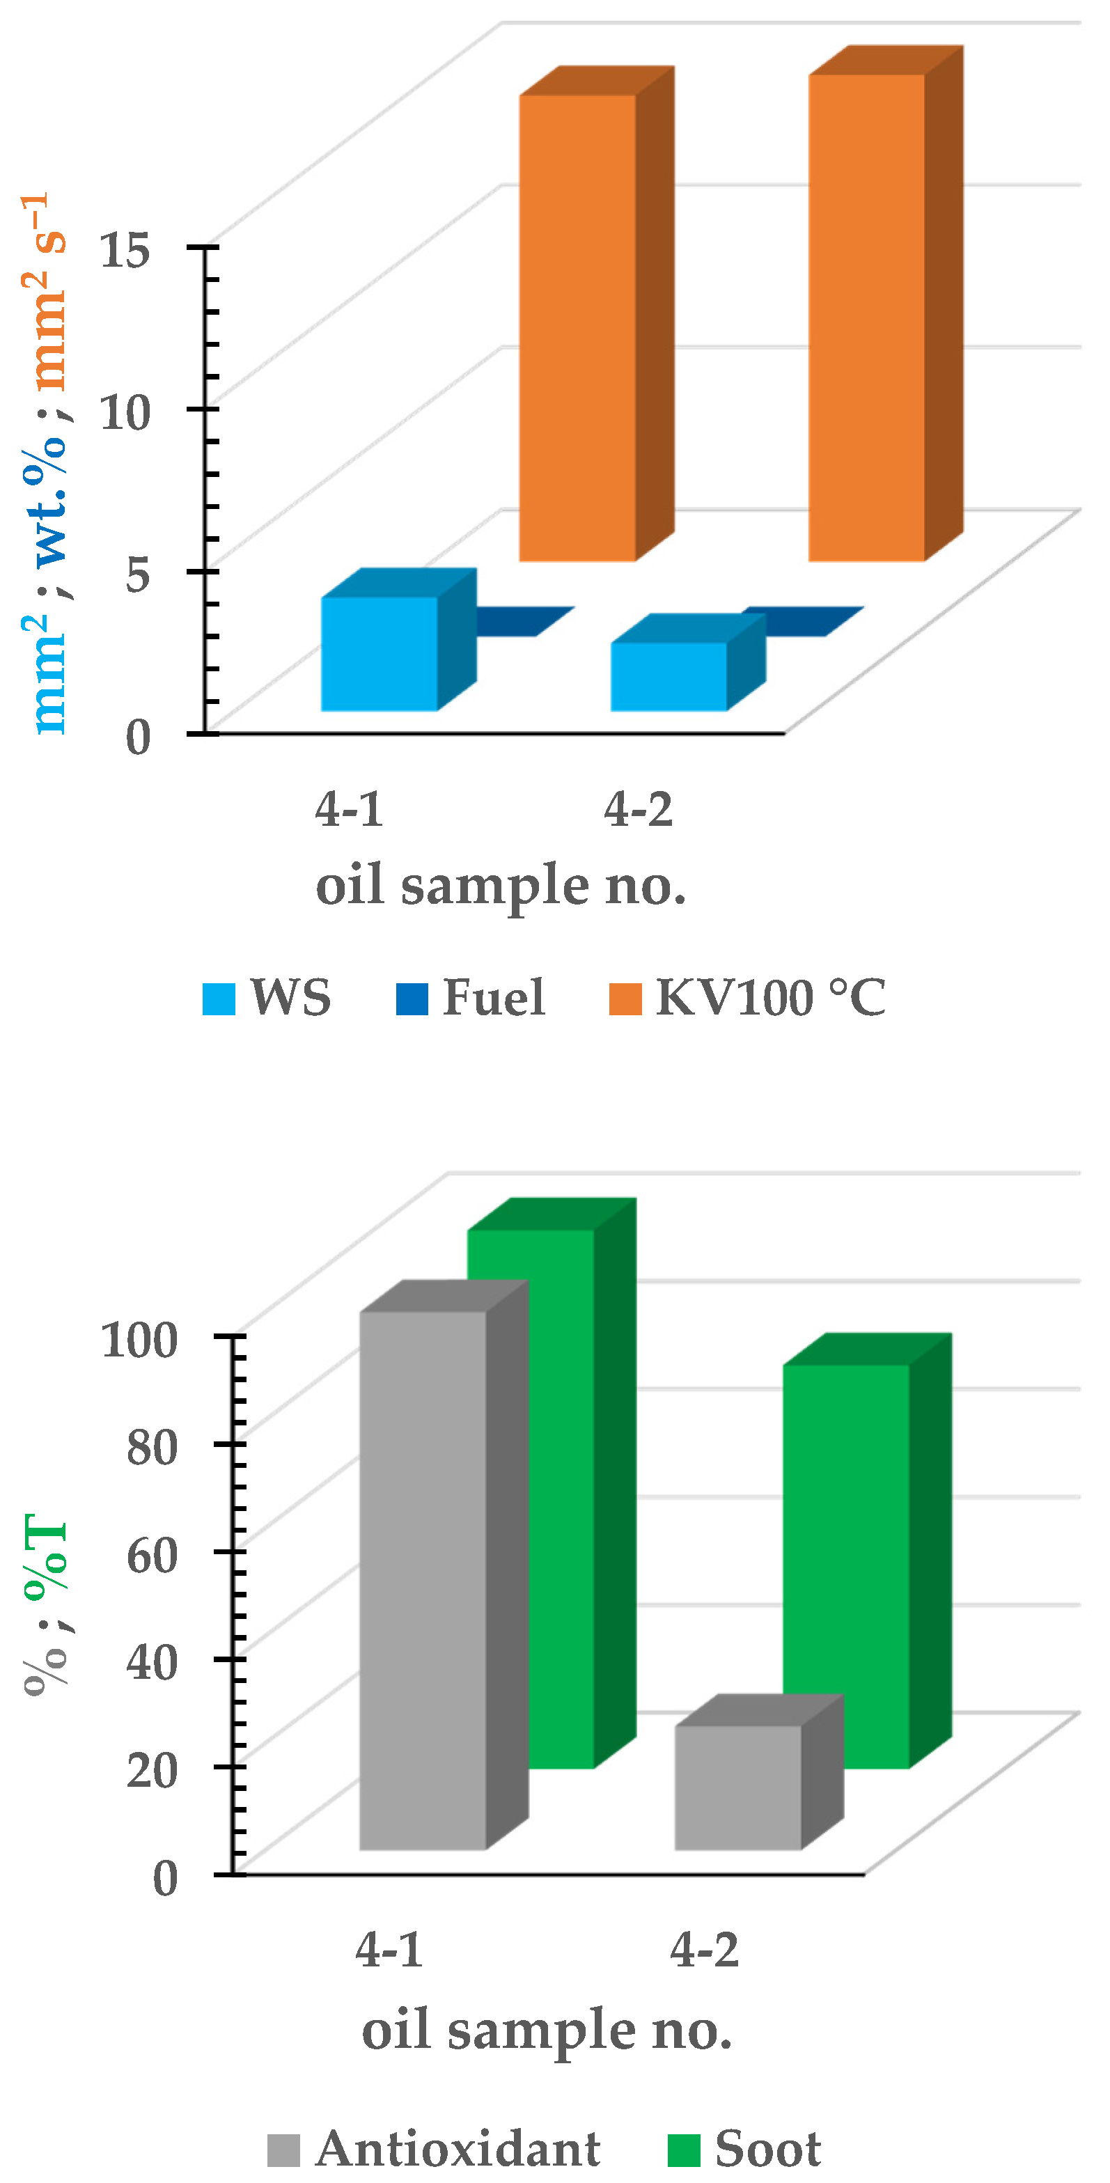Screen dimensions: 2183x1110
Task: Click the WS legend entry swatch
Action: pos(219,999)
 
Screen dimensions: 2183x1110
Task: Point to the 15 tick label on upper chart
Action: pos(125,251)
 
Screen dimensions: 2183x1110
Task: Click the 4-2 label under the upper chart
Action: pos(638,809)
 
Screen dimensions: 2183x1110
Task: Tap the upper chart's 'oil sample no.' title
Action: pos(501,886)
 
